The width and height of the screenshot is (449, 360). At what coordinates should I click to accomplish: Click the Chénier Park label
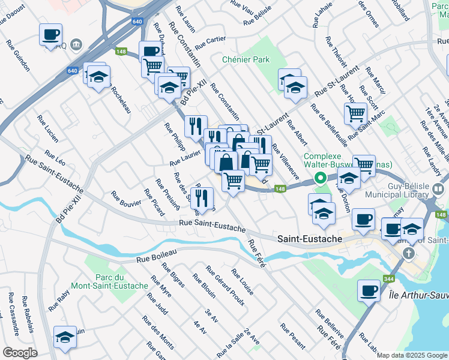tap(246, 59)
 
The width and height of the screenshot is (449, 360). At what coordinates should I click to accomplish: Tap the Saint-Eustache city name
tap(309, 239)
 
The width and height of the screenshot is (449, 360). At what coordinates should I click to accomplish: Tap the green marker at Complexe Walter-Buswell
tap(321, 178)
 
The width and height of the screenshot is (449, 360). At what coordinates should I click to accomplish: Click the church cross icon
tap(408, 253)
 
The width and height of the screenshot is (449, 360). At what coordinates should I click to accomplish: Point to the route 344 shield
tap(388, 279)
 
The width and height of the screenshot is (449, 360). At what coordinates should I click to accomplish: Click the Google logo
tap(20, 353)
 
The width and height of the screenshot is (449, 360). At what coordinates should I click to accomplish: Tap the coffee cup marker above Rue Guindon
tap(51, 34)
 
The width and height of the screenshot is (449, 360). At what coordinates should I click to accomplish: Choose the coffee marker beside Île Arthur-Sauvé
tap(369, 290)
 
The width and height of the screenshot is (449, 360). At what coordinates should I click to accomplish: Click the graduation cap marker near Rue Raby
tap(65, 336)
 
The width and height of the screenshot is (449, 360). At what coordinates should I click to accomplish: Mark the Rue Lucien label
tap(47, 128)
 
